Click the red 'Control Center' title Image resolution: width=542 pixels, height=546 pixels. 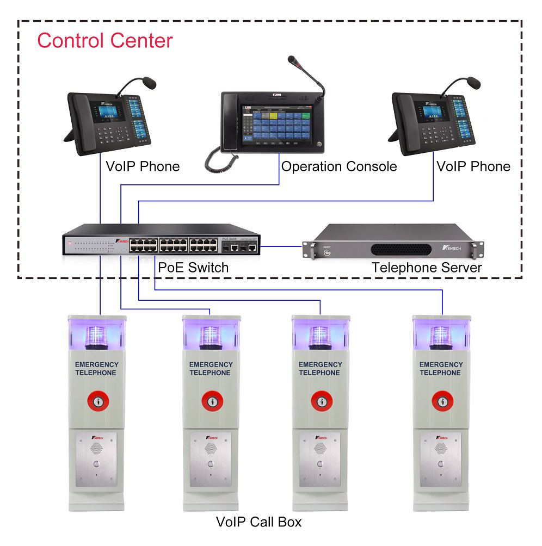coord(104,41)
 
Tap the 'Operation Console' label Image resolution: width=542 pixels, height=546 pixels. coord(339,166)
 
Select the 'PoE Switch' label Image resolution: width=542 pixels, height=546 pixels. coord(193,268)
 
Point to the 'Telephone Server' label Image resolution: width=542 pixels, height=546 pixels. coord(427,268)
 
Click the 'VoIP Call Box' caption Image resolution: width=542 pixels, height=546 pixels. coord(258,522)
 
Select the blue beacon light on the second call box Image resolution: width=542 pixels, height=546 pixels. coord(210,337)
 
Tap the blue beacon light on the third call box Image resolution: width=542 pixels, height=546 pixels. coord(320,337)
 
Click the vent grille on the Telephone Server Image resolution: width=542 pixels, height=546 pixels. coord(401,249)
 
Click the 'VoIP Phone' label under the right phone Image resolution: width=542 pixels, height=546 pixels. coord(473,166)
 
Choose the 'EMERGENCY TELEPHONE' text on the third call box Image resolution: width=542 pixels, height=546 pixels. coord(319,369)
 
